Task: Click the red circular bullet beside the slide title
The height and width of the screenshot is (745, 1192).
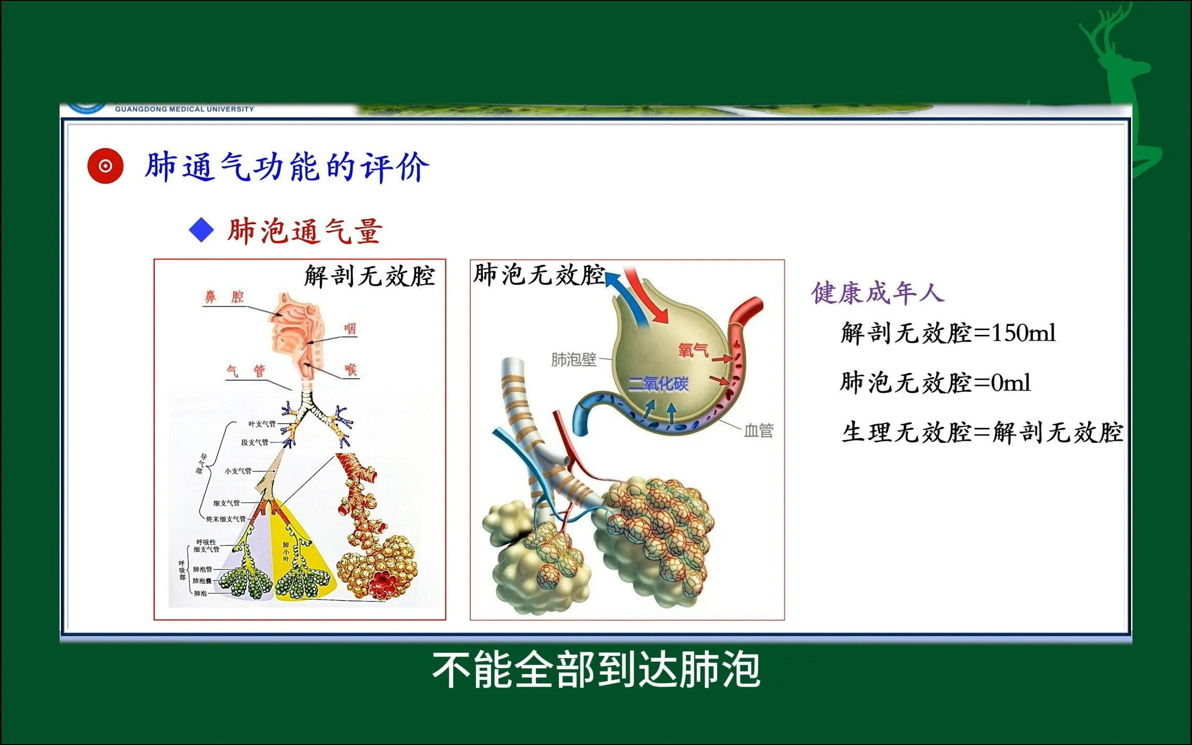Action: click(106, 166)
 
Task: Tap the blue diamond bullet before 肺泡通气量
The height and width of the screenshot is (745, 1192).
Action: click(201, 230)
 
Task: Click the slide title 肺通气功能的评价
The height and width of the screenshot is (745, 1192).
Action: click(287, 167)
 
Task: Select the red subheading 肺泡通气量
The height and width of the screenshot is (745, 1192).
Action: click(305, 231)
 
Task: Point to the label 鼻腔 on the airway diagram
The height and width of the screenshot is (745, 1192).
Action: click(224, 296)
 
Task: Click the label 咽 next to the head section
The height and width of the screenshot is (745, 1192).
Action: click(350, 329)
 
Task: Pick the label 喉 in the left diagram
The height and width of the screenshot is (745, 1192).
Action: click(351, 370)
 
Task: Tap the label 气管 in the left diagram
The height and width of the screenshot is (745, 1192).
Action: click(246, 370)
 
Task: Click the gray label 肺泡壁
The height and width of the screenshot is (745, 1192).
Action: click(573, 359)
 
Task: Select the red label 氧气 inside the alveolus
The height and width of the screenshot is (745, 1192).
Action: click(693, 351)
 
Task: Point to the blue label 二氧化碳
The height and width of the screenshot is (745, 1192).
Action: click(658, 384)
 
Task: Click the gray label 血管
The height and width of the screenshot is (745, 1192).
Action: click(758, 430)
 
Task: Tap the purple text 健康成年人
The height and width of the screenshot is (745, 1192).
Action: click(878, 293)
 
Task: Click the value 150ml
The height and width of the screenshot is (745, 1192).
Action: click(1023, 333)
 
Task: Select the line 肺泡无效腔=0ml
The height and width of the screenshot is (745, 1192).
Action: click(935, 383)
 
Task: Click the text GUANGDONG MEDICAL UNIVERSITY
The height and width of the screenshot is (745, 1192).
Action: click(184, 109)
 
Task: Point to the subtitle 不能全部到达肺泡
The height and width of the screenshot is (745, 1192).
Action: click(596, 670)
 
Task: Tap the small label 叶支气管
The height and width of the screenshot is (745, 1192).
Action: click(262, 424)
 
